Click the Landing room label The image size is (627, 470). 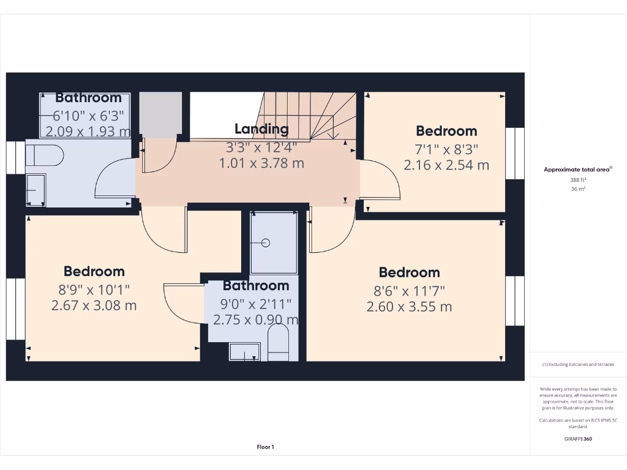(x=261, y=129)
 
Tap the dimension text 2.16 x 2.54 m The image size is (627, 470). (x=446, y=165)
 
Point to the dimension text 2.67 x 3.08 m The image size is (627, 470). (x=94, y=305)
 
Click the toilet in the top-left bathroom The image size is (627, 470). (x=45, y=155)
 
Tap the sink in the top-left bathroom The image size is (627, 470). (x=36, y=190)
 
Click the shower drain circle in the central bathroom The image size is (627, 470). (x=266, y=243)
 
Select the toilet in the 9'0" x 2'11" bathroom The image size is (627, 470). (x=279, y=343)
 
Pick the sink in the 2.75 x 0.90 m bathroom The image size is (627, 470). (x=244, y=352)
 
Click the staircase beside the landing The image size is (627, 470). (x=306, y=115)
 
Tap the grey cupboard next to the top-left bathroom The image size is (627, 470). (x=160, y=113)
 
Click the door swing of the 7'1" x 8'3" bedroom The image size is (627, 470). (x=380, y=179)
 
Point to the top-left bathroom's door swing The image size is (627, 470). (x=115, y=178)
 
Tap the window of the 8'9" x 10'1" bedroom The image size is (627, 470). (x=16, y=309)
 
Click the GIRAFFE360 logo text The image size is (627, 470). (x=578, y=439)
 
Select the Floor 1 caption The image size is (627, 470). (x=265, y=447)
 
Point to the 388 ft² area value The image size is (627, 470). (x=578, y=180)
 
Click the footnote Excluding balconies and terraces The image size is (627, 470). (x=578, y=364)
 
